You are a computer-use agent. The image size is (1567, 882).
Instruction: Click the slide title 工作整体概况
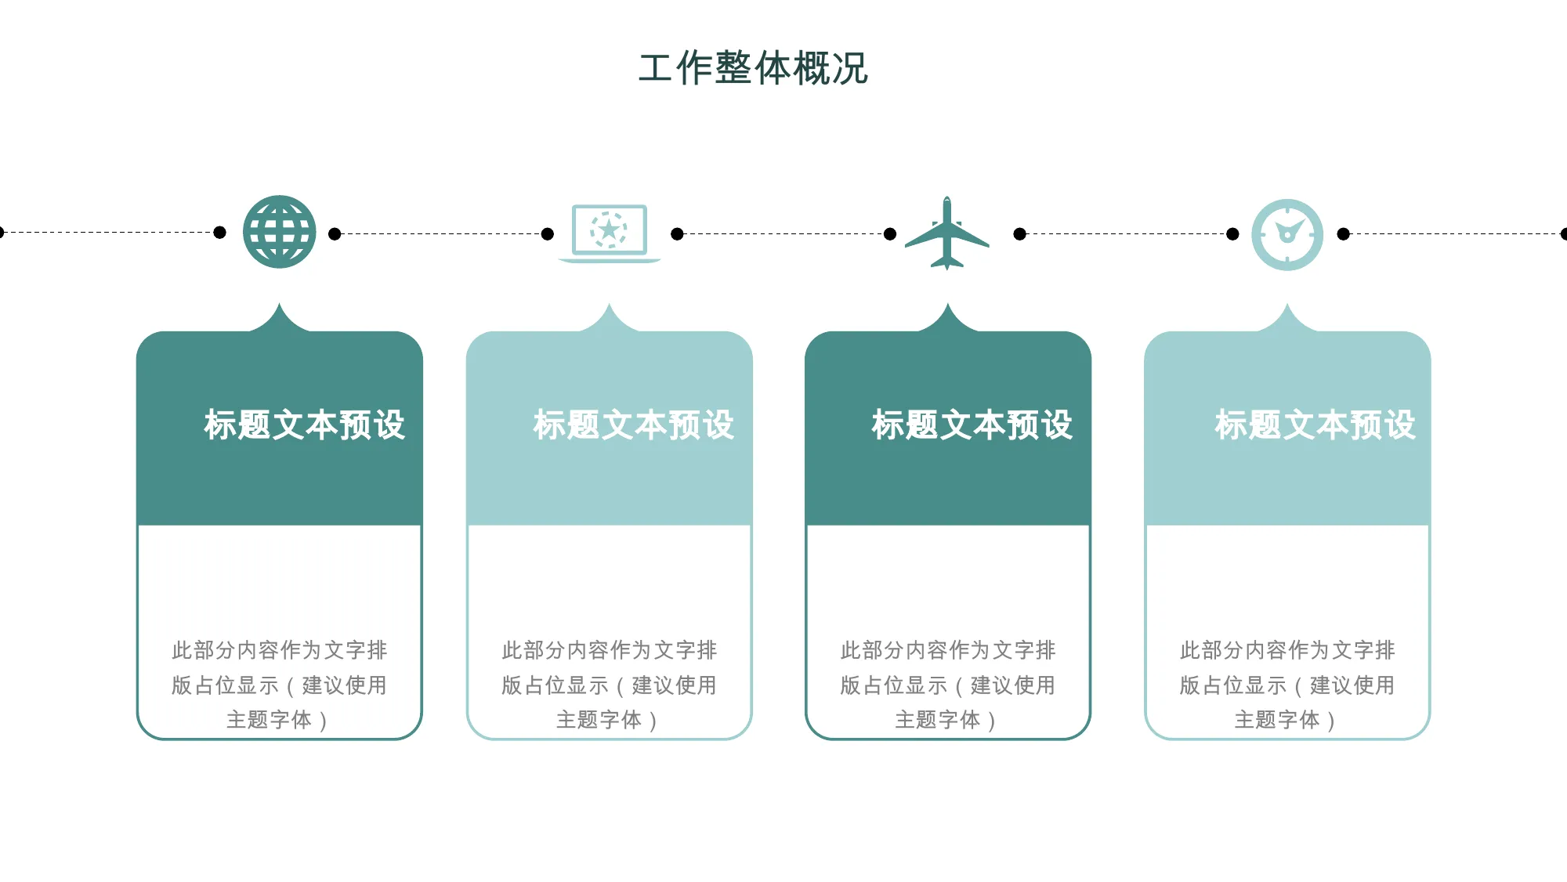pos(753,68)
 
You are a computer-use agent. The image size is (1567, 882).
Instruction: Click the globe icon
pos(280,232)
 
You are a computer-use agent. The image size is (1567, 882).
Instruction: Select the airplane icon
pos(947,233)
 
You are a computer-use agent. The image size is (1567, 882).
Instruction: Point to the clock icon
pos(1287,235)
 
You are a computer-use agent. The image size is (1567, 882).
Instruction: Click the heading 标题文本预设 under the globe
pos(304,425)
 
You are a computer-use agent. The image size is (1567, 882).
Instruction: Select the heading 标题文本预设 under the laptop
pos(634,425)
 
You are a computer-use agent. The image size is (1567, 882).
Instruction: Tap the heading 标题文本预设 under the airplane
pos(972,425)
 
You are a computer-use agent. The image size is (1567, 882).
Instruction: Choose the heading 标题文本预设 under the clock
pos(1315,425)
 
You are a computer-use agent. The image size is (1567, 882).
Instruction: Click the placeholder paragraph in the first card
pos(280,685)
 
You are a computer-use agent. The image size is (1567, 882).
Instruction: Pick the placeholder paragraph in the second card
pos(610,685)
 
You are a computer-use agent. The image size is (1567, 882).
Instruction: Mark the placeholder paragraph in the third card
pos(948,685)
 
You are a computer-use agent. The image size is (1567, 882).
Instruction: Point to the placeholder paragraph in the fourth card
pos(1287,685)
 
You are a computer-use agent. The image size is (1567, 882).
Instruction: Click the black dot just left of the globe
pos(220,232)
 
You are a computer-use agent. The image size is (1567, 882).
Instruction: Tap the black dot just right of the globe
pos(335,233)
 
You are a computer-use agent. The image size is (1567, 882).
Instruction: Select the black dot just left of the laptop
pos(548,233)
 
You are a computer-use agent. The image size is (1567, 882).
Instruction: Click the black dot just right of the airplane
pos(1020,233)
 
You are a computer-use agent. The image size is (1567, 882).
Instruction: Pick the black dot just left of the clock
pos(1232,233)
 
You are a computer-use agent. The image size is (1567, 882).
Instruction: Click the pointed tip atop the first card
pos(280,303)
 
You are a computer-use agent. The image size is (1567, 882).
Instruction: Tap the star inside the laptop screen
pos(609,230)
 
